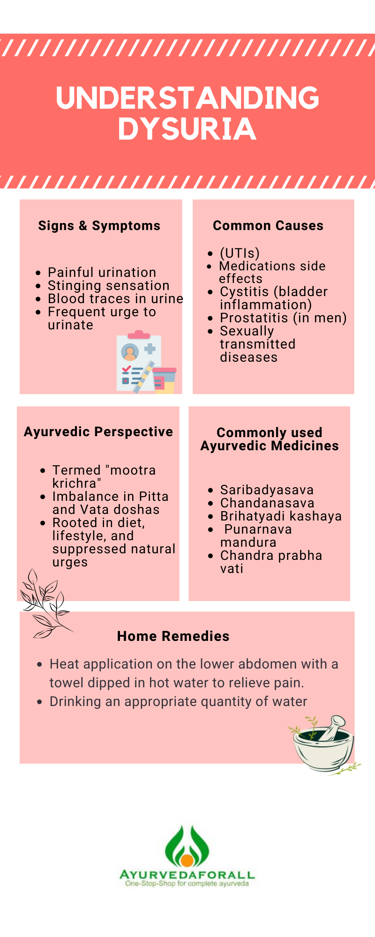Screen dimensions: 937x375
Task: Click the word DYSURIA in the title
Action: pyautogui.click(x=187, y=129)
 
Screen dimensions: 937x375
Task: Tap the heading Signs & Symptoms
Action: pyautogui.click(x=99, y=226)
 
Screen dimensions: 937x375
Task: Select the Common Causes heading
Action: pyautogui.click(x=268, y=226)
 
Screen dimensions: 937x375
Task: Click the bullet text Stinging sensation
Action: pyautogui.click(x=109, y=286)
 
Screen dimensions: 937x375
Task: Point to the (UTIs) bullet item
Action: pyautogui.click(x=240, y=253)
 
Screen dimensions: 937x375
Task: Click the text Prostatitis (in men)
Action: pyautogui.click(x=283, y=318)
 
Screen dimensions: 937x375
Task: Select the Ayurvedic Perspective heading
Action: pyautogui.click(x=98, y=432)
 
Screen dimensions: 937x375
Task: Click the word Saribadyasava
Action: pyautogui.click(x=267, y=490)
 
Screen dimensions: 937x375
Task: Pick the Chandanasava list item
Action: pyautogui.click(x=267, y=503)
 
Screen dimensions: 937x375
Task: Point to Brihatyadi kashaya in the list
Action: pyautogui.click(x=281, y=516)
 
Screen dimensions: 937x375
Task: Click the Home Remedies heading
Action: pyautogui.click(x=173, y=636)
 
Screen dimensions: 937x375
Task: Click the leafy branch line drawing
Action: pyautogui.click(x=45, y=604)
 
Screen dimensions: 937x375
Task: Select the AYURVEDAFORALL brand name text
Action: pyautogui.click(x=187, y=875)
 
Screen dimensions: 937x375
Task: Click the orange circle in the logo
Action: pyautogui.click(x=187, y=860)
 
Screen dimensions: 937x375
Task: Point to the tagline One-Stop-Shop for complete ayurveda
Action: pyautogui.click(x=187, y=884)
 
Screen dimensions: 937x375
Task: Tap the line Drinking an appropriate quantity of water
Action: pyautogui.click(x=178, y=702)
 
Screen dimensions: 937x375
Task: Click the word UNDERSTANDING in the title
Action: pyautogui.click(x=187, y=97)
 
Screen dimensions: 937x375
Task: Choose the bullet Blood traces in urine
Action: pyautogui.click(x=115, y=299)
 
